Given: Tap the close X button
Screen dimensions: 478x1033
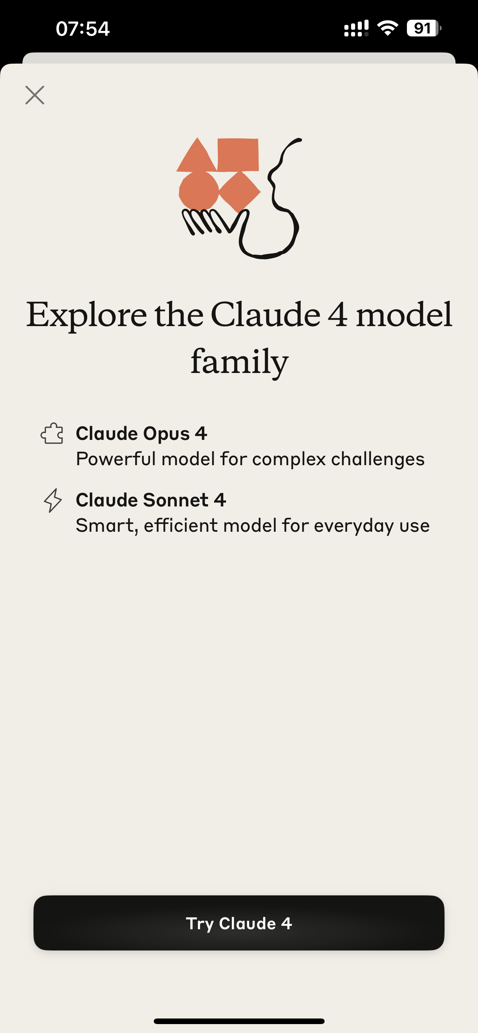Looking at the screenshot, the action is pyautogui.click(x=35, y=95).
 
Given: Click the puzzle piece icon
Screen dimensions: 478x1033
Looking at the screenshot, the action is pyautogui.click(x=52, y=434).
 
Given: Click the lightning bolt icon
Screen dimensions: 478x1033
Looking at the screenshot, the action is pyautogui.click(x=52, y=500).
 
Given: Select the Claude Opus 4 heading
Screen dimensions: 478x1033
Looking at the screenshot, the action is pyautogui.click(x=141, y=433).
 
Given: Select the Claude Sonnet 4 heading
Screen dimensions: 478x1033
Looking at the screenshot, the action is pyautogui.click(x=151, y=500).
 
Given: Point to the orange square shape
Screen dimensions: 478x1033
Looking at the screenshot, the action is pyautogui.click(x=238, y=155).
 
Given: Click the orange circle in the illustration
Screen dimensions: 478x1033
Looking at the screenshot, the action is pyautogui.click(x=199, y=191).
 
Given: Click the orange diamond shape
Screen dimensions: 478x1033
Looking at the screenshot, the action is pyautogui.click(x=240, y=192).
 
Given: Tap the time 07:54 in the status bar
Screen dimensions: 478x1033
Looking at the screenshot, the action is pyautogui.click(x=83, y=29).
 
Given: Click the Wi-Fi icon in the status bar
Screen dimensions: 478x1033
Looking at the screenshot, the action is pyautogui.click(x=388, y=28).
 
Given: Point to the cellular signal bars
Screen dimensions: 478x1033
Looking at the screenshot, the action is pyautogui.click(x=356, y=29).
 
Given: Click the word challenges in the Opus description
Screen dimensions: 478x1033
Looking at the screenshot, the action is pyautogui.click(x=377, y=459).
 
